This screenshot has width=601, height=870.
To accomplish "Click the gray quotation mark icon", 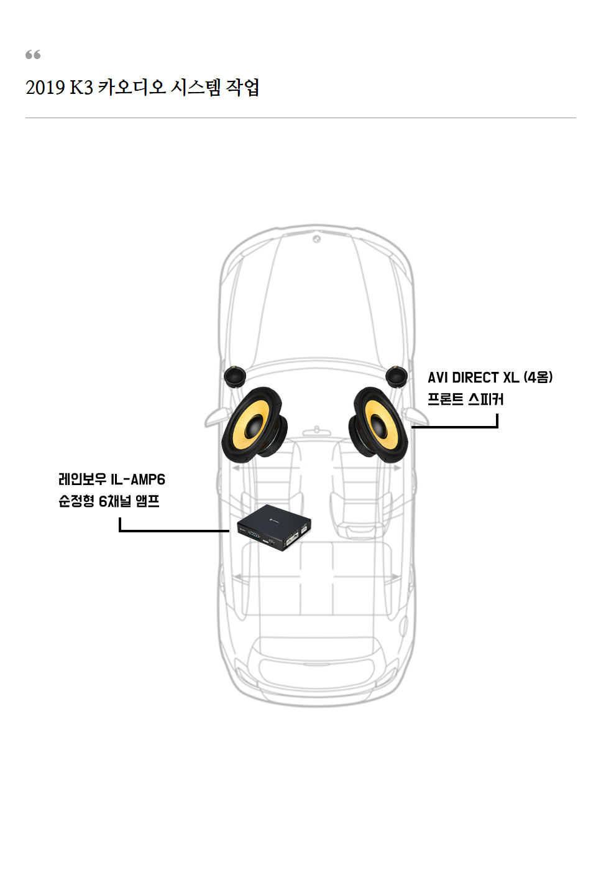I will [x=33, y=55].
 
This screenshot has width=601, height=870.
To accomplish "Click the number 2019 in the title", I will [x=45, y=88].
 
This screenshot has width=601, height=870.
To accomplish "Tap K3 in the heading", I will [x=81, y=88].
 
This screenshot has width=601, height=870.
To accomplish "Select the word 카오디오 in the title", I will [x=132, y=88].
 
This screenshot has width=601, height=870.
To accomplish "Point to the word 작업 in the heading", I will [x=242, y=88].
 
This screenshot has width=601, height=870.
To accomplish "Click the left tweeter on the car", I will [x=234, y=376].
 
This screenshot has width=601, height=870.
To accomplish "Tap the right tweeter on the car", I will [x=396, y=376].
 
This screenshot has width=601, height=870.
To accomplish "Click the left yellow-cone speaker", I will [x=254, y=425].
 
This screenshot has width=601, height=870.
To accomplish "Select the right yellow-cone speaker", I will [x=378, y=425].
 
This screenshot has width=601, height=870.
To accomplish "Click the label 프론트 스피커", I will [x=465, y=399].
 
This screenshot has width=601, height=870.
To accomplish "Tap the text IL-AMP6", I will [x=138, y=479].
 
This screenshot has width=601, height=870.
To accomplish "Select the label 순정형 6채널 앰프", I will [x=109, y=501].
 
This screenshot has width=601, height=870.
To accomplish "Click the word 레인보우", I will [x=82, y=479].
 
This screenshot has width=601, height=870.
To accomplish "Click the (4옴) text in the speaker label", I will [x=538, y=377].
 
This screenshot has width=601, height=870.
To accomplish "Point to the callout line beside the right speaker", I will [x=454, y=427].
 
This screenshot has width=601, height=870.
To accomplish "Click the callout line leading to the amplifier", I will [x=174, y=530].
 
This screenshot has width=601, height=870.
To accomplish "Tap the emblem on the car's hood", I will [x=316, y=239].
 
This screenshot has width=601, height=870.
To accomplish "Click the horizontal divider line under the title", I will [x=300, y=118].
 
